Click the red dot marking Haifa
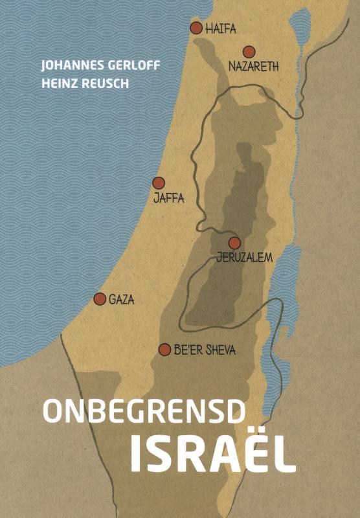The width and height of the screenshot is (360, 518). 196,27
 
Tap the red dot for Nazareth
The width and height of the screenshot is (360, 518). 249,52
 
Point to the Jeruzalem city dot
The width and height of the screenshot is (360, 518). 234,243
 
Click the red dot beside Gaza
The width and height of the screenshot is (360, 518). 100,298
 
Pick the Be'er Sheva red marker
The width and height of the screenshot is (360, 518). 164,349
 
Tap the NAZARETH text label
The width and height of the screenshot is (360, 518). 254,65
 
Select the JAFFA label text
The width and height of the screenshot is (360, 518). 168,198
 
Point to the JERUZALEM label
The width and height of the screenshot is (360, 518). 245,257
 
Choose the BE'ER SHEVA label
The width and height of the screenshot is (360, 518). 205,350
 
